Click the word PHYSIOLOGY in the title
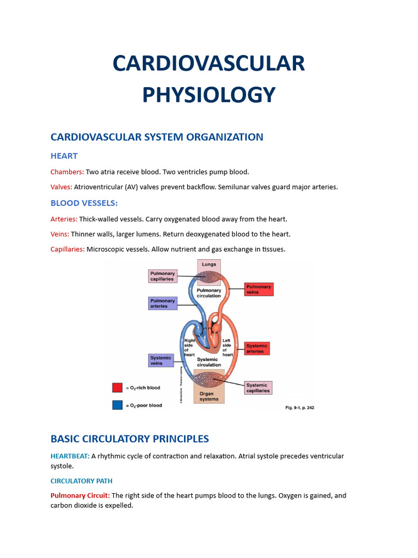209,95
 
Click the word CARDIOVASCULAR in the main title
209,64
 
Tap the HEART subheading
64,156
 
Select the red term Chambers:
67,172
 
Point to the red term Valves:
61,187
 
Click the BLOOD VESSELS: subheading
84,203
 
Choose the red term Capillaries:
67,249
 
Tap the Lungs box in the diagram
209,265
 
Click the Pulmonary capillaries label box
162,276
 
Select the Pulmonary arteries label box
162,303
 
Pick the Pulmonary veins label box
259,289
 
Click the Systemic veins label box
161,360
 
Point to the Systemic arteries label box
256,348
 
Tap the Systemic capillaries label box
257,387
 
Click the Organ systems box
209,396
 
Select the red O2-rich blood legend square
117,387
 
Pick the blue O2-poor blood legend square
117,405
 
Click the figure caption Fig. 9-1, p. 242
300,407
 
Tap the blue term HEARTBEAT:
70,456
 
